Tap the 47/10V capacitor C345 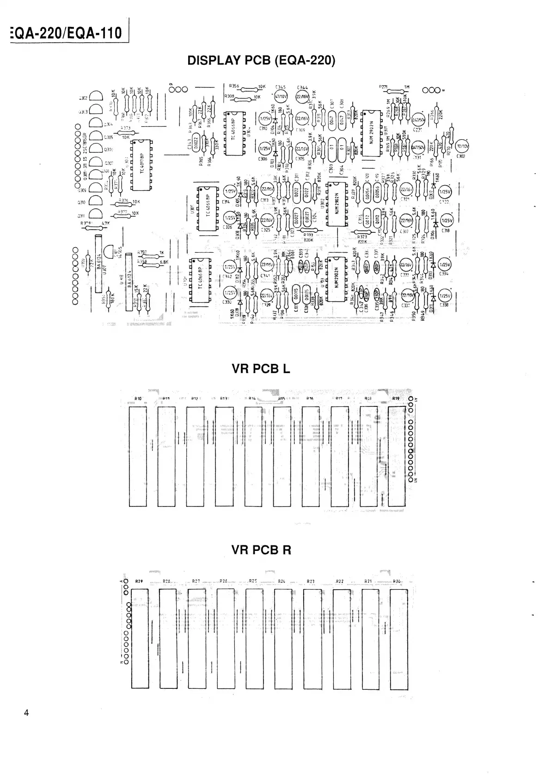click(x=281, y=97)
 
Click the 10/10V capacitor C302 click(x=462, y=147)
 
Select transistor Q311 click(x=97, y=213)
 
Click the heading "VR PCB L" click(x=261, y=369)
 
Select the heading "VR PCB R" click(x=261, y=550)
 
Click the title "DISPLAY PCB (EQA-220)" click(x=261, y=61)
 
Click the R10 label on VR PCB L click(x=138, y=399)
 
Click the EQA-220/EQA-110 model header click(x=66, y=33)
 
